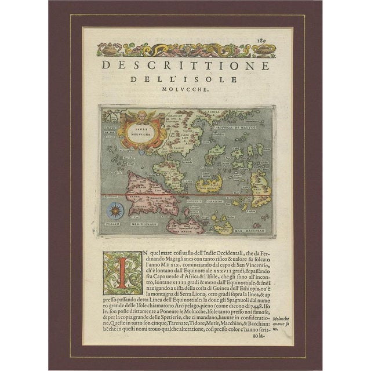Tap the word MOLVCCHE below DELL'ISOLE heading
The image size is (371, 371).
click(185, 90)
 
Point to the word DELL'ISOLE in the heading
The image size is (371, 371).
click(185, 78)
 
